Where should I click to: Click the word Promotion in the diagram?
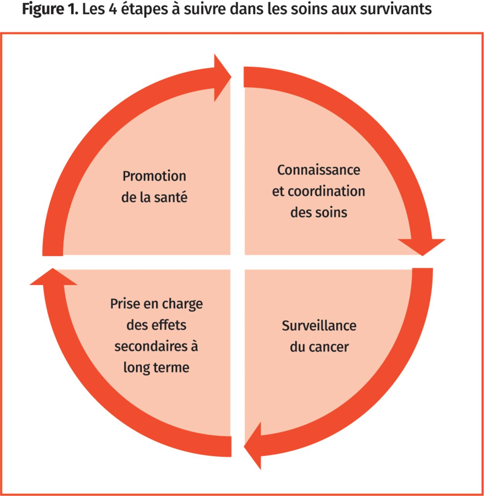point(154,176)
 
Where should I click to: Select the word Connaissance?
point(319,170)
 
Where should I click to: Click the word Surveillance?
point(319,326)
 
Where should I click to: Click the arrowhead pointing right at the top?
point(222,77)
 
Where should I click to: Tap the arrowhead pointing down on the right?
point(422,247)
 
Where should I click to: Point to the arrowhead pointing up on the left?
point(53,276)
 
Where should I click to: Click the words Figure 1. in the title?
point(50,10)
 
